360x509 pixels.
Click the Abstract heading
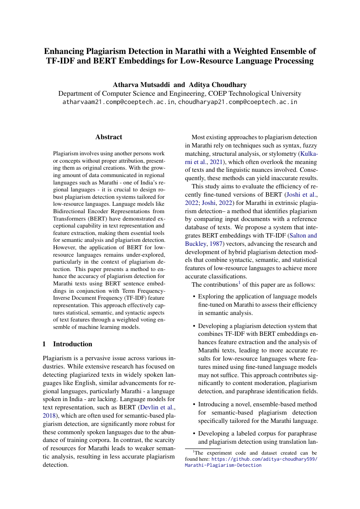(109, 137)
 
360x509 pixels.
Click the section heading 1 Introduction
(67, 344)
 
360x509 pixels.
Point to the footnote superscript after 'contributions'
(239, 283)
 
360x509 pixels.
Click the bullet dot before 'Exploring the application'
(194, 297)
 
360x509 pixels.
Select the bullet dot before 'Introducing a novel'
(194, 405)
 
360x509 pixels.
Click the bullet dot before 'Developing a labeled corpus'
(194, 434)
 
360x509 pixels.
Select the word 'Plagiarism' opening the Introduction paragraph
(58, 359)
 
